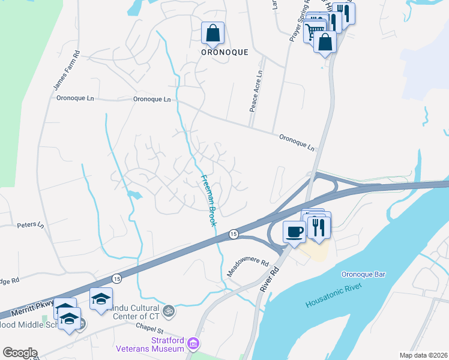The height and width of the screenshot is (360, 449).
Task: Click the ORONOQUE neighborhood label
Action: [x=224, y=52]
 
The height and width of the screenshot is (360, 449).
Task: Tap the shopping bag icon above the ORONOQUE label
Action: [x=212, y=34]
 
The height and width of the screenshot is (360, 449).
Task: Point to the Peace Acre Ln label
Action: [x=256, y=91]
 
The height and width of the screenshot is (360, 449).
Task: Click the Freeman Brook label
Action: [x=208, y=200]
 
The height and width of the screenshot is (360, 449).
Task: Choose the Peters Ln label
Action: [x=31, y=226]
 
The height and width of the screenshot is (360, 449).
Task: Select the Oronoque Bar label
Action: [x=363, y=275]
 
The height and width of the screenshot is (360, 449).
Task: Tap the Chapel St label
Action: [x=149, y=329]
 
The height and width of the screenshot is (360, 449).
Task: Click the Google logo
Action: [x=20, y=353]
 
